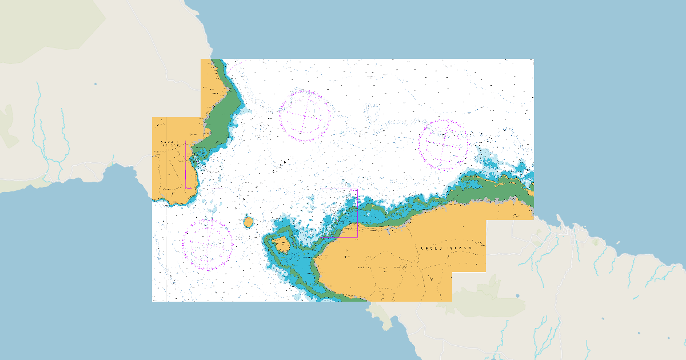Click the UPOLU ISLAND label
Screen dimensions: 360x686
[446, 249]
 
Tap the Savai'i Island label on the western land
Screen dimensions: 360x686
[172, 143]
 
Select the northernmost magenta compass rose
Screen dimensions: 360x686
[305, 115]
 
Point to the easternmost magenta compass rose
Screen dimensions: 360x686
[444, 145]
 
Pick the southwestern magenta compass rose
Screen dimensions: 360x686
[207, 245]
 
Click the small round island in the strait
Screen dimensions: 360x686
[248, 222]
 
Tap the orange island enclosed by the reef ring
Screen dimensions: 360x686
[281, 245]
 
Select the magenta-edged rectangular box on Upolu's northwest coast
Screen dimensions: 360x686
[339, 213]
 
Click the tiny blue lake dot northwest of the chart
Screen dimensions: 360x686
[95, 84]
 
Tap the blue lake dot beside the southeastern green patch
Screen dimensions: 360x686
[517, 296]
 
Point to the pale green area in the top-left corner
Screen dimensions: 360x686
[46, 29]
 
